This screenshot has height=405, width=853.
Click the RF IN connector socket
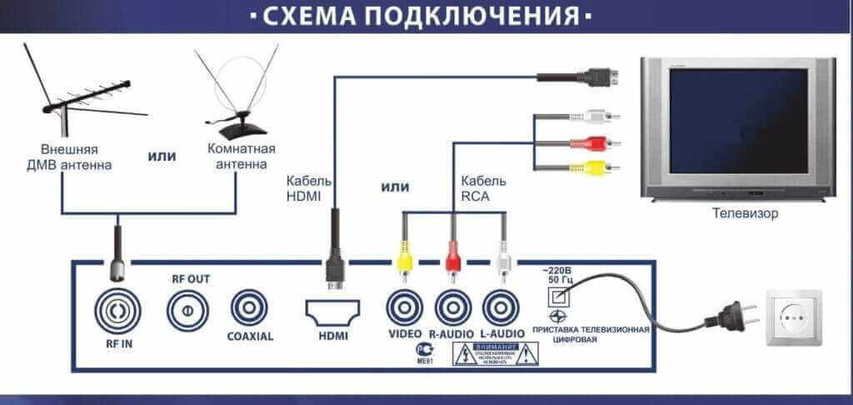tap(117, 310)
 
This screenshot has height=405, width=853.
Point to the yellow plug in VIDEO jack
tap(404, 255)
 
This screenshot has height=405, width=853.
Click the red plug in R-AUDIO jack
tap(453, 255)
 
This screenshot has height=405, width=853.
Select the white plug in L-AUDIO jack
tap(501, 255)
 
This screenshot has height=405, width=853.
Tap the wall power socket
tap(794, 317)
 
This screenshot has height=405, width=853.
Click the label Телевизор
tap(745, 214)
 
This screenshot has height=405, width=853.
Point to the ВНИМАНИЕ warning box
tap(496, 354)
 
